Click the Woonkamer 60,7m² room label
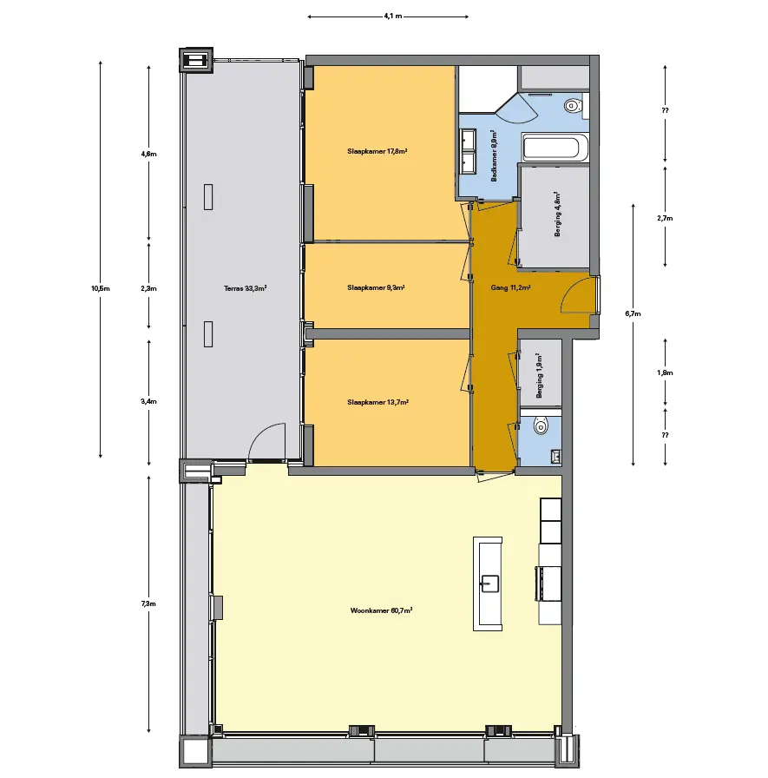tap(381, 610)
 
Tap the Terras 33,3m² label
tap(245, 287)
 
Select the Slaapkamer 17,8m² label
tap(377, 151)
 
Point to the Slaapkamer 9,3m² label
tap(376, 287)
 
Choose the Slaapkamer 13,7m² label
tap(377, 402)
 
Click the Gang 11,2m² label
tap(510, 287)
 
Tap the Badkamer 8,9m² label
tap(494, 155)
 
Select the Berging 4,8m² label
tap(558, 214)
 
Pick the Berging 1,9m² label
tap(540, 376)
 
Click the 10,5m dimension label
tap(101, 288)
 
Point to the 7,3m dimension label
tap(148, 603)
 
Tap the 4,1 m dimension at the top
tap(392, 16)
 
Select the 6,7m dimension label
tap(633, 313)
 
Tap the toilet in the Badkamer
tap(574, 106)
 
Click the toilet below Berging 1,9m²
tap(541, 425)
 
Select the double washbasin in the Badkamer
tap(468, 152)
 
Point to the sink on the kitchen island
tap(489, 583)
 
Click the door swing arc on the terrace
tap(266, 442)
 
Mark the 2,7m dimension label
tap(665, 218)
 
